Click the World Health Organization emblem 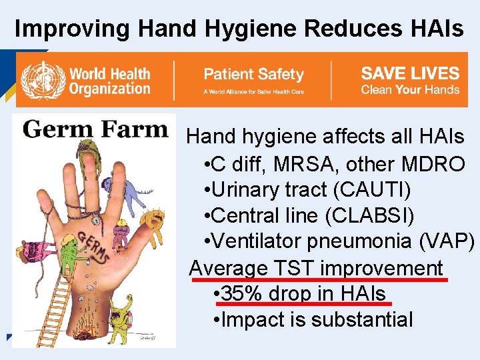pyautogui.click(x=43, y=80)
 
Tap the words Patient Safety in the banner pyautogui.click(x=253, y=74)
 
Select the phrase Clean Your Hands pyautogui.click(x=410, y=90)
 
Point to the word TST pyautogui.click(x=293, y=268)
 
